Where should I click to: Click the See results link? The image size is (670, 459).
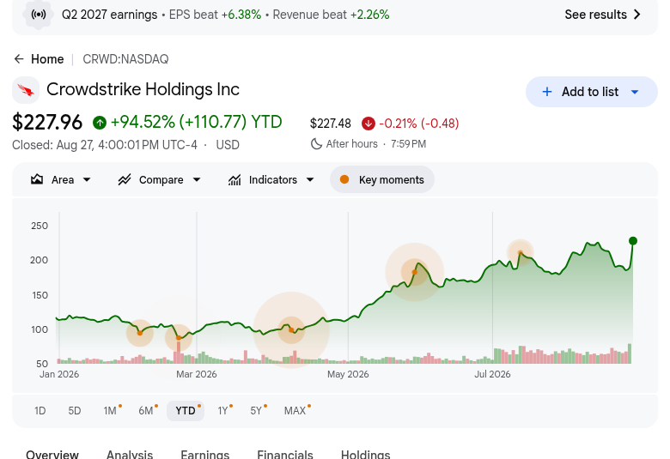(602, 15)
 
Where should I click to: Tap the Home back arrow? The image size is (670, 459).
(19, 59)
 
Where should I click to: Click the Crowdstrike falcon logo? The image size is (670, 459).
(26, 90)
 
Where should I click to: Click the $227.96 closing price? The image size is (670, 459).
(47, 122)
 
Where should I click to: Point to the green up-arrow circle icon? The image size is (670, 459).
(100, 123)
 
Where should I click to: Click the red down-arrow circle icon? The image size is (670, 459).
(368, 124)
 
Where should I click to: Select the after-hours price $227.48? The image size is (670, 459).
(331, 124)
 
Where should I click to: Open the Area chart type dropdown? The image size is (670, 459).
(61, 180)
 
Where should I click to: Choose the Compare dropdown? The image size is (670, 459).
(160, 180)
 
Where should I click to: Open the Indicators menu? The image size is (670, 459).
(271, 180)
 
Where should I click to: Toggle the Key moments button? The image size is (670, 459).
(382, 180)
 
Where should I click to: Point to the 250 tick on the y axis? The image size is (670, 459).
(40, 226)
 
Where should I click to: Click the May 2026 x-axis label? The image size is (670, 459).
(348, 374)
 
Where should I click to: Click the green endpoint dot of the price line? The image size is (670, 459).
(633, 241)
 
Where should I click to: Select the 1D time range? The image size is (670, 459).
(40, 411)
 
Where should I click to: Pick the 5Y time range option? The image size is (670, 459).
(256, 411)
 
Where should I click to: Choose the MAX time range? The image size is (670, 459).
(295, 411)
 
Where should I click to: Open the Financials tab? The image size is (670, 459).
(285, 454)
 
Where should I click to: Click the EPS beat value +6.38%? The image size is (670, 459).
(241, 15)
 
